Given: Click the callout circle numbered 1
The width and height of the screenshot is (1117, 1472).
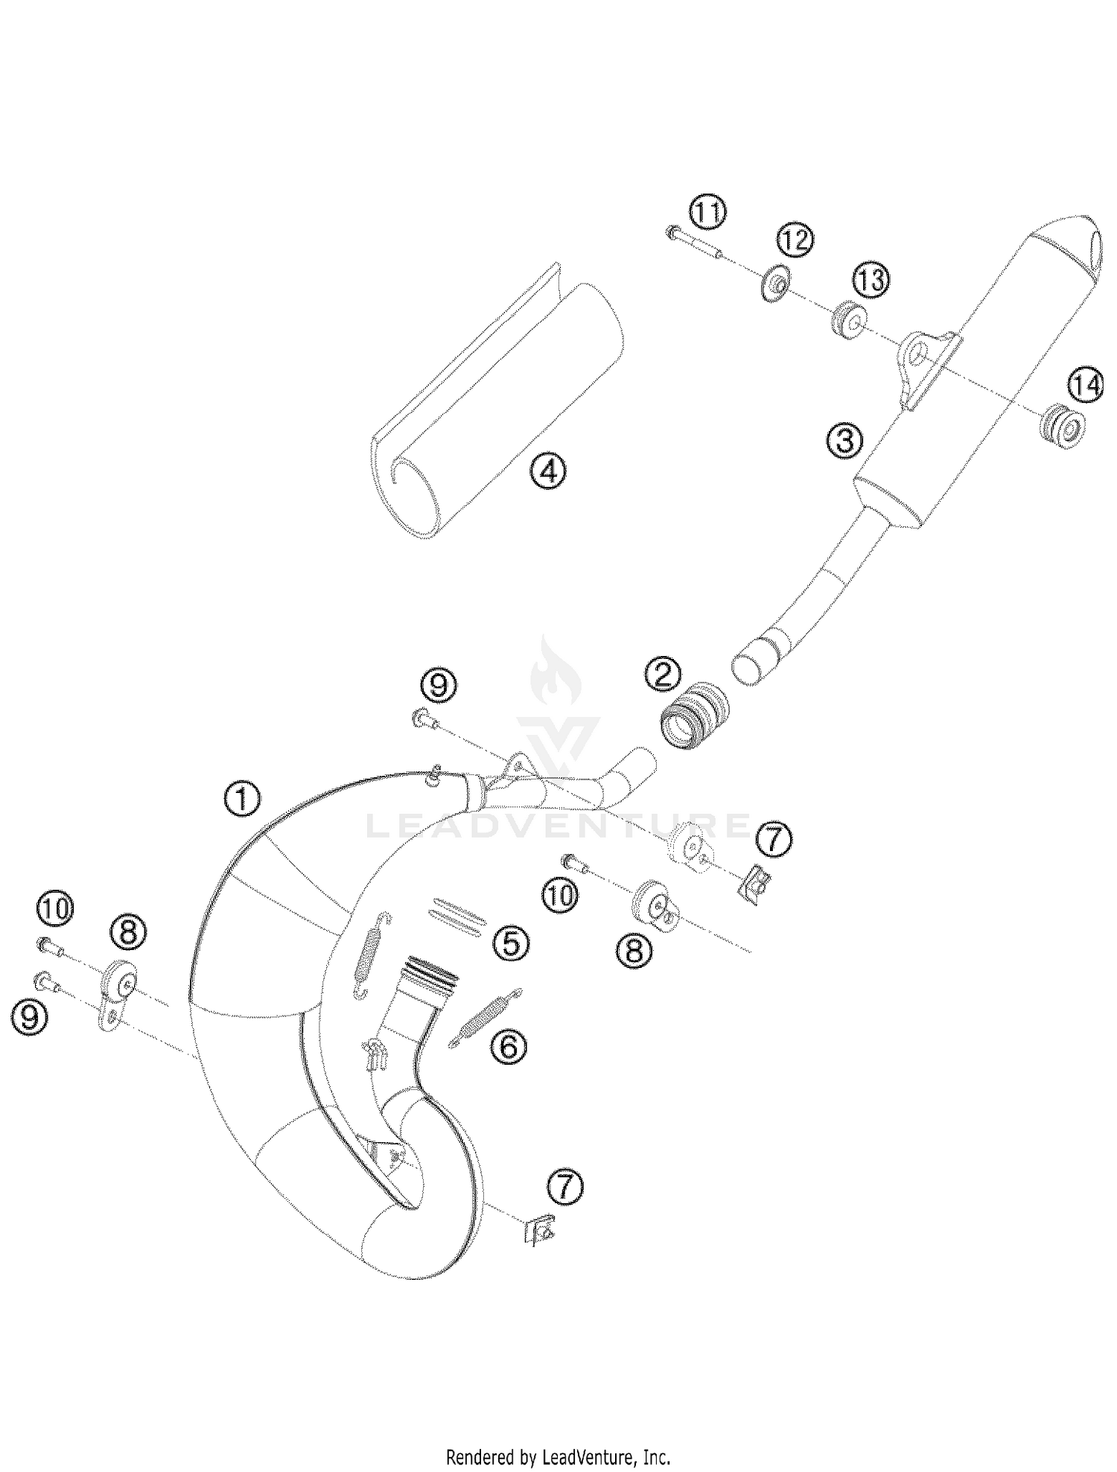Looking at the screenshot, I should coord(242,800).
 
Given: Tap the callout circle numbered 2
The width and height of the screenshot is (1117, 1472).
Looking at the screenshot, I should coord(662,674).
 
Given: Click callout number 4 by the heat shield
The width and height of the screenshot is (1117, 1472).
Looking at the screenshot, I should coord(548,471).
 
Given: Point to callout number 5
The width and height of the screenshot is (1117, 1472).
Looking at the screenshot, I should coord(511,943).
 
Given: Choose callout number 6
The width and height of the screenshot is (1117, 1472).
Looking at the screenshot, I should coord(508,1046).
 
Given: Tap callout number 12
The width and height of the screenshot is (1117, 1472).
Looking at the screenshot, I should coord(795,240).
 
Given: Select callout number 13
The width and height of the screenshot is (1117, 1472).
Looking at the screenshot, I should coord(871,281).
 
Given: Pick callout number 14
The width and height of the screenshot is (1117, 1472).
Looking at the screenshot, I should coord(1085,386).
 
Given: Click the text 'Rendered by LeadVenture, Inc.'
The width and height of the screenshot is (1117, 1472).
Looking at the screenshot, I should coord(558,1456).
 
